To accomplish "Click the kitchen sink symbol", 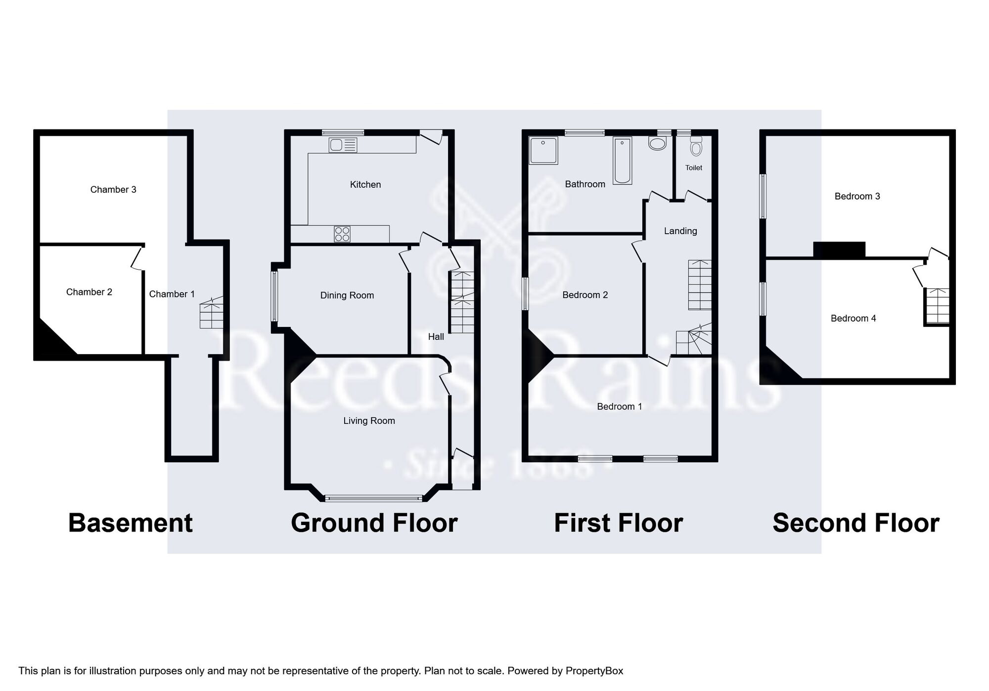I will [x=343, y=145].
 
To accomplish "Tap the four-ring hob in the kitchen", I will [x=342, y=234].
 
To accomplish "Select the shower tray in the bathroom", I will [x=543, y=150].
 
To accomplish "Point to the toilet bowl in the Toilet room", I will [x=696, y=147].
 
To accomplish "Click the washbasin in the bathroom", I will [x=657, y=143].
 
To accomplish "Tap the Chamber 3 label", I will [x=113, y=190].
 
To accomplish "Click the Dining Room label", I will [x=347, y=295].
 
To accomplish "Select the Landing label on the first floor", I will [x=680, y=231].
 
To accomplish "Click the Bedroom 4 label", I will [x=853, y=319].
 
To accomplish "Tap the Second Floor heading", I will [x=855, y=523].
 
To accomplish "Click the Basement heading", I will [x=130, y=523].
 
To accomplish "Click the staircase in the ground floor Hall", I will [x=462, y=302].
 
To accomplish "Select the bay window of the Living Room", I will [x=373, y=498].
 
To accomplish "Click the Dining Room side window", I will [x=274, y=296].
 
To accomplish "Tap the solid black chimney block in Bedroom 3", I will [x=839, y=249].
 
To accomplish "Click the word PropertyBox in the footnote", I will [x=594, y=671].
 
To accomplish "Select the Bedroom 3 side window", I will [x=763, y=196].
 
